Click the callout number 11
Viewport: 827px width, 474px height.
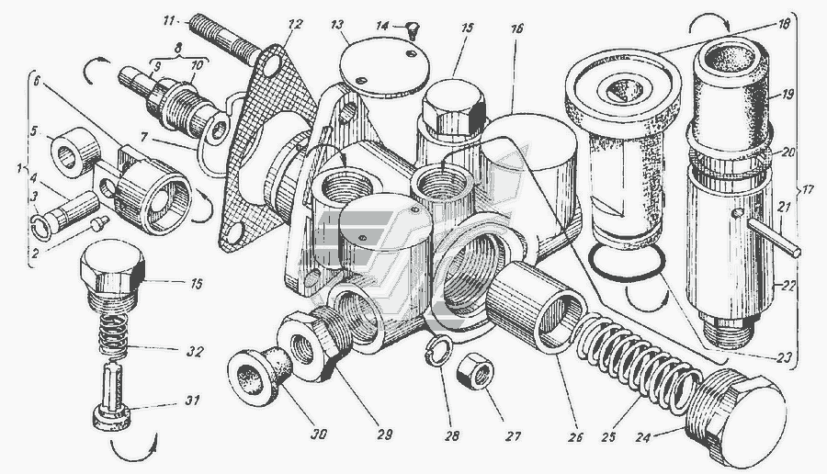tap(169, 21)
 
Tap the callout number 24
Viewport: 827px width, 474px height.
tap(642, 437)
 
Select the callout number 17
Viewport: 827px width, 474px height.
tap(808, 189)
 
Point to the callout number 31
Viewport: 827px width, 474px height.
tap(193, 401)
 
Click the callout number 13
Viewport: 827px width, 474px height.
tap(337, 25)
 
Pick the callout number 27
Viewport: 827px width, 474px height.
tap(513, 436)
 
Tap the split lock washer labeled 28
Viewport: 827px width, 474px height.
tap(436, 348)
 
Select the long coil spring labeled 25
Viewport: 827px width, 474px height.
tap(639, 362)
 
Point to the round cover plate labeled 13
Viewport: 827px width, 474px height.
tap(384, 66)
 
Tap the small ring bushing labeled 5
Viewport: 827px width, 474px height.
tap(75, 151)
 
